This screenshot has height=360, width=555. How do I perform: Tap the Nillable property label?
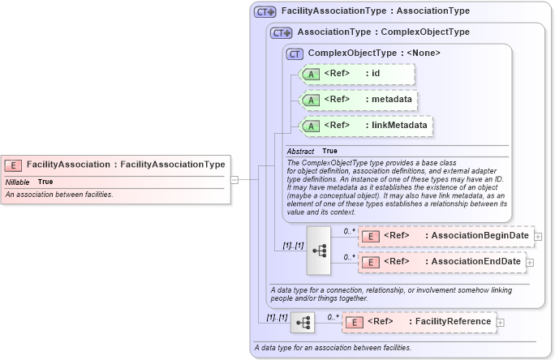click(x=17, y=182)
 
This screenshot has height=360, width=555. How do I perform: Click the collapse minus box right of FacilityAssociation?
click(x=234, y=179)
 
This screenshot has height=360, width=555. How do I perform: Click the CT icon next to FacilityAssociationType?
click(x=265, y=12)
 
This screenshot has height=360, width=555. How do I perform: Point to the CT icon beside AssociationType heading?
click(x=282, y=32)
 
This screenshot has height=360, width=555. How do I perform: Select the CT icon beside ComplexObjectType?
click(x=295, y=54)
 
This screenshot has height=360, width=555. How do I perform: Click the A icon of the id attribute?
click(x=311, y=75)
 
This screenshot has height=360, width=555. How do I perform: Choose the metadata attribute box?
click(x=359, y=100)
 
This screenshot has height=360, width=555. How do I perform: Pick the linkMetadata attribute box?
click(x=366, y=126)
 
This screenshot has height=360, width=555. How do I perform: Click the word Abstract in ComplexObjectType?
click(x=300, y=152)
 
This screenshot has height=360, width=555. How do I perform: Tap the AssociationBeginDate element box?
click(x=445, y=236)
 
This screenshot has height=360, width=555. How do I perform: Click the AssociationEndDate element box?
click(x=441, y=262)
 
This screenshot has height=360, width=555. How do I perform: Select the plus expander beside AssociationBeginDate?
click(x=538, y=236)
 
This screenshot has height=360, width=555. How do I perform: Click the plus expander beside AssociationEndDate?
click(x=530, y=262)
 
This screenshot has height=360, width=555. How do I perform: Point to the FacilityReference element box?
click(x=419, y=322)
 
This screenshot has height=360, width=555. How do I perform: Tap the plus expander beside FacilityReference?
click(x=500, y=322)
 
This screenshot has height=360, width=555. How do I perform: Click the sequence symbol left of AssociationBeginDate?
click(x=319, y=250)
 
